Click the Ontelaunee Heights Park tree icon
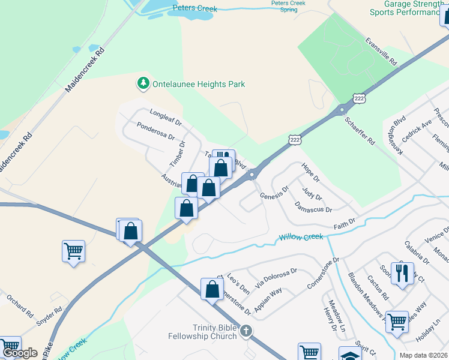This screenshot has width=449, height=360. coord(143,84)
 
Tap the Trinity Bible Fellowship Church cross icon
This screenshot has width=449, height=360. coord(245,331)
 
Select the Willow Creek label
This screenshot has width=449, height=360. coord(301,238)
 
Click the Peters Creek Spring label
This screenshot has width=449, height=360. coord(288,6)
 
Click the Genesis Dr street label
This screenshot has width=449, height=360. coord(274,192)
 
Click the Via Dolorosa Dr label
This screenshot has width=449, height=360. coord(276,278)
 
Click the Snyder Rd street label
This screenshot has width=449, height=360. coord(49,317)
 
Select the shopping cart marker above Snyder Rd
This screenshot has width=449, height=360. coord(73,251)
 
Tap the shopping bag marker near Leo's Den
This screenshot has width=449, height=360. coord(212,289)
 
